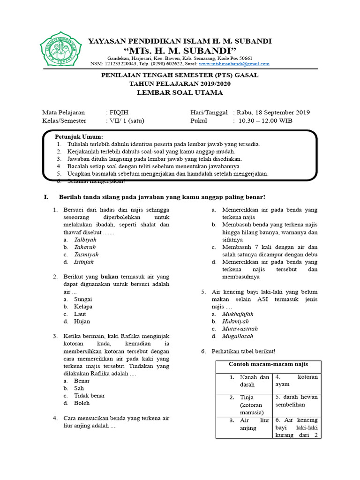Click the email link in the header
click(234, 64)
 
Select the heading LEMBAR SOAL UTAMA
click(180, 92)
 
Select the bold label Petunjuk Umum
click(79, 136)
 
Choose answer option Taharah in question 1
click(85, 247)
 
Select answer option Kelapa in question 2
click(83, 307)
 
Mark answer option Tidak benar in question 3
click(89, 396)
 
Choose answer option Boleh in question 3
click(82, 403)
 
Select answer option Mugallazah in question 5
click(238, 337)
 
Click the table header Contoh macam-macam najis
click(268, 364)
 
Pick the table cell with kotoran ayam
click(296, 381)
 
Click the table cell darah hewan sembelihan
click(296, 401)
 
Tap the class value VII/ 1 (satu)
click(126, 120)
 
